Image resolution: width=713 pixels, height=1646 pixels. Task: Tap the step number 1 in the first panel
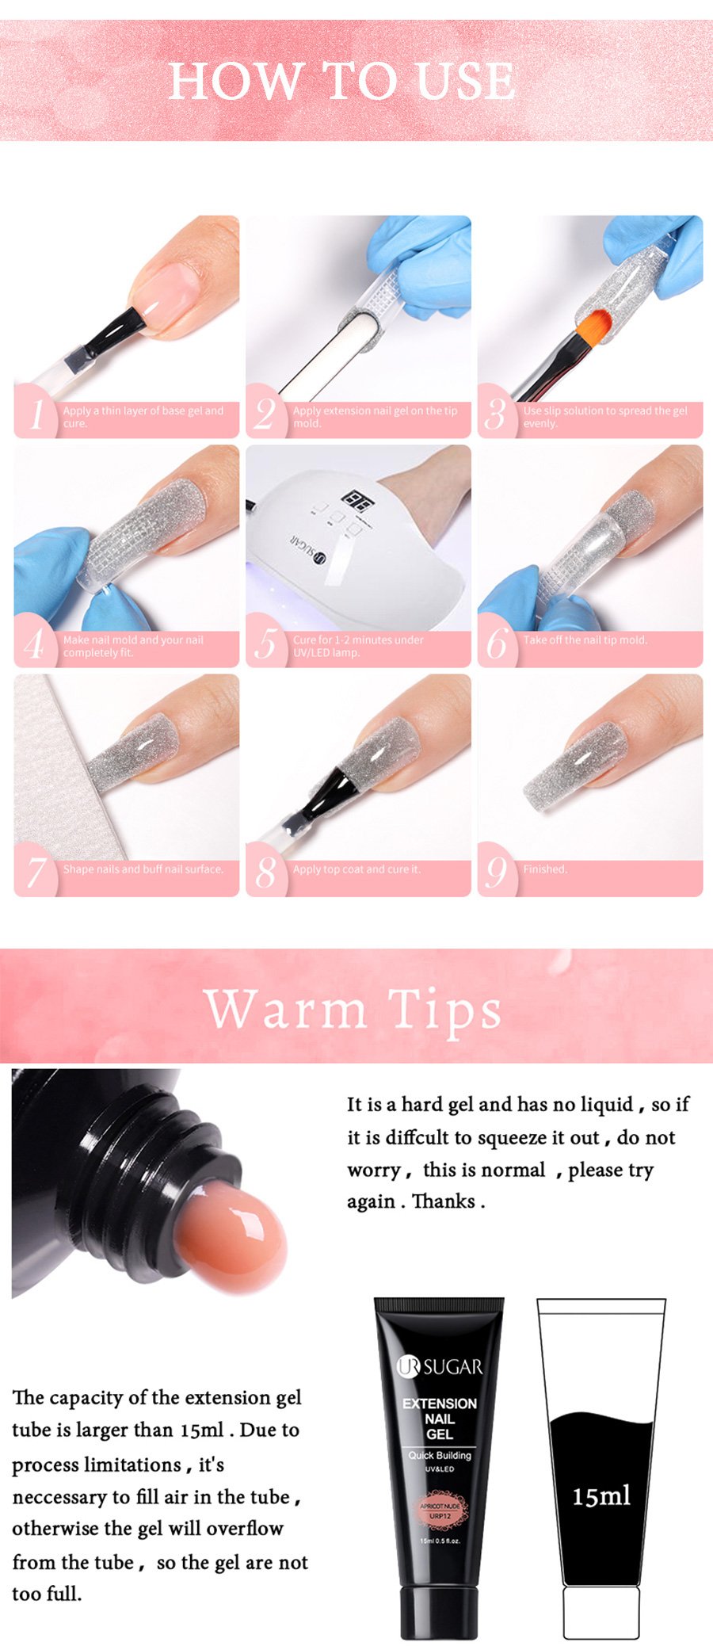point(36,413)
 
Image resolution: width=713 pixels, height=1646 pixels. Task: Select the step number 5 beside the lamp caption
point(265,643)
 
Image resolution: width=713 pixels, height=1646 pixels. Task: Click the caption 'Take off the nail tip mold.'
point(585,640)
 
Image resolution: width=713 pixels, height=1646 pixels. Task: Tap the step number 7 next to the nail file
point(36,873)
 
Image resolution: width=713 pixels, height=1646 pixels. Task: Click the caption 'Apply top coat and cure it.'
point(356,869)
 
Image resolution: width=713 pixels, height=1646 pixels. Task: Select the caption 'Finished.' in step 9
point(545,869)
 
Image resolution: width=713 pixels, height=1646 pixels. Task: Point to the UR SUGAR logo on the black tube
point(440,1366)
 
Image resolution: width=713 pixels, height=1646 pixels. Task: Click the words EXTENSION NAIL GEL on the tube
point(440,1419)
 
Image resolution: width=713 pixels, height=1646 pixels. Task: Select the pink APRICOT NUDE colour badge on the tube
point(440,1510)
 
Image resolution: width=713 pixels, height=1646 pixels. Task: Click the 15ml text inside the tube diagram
point(601,1496)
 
